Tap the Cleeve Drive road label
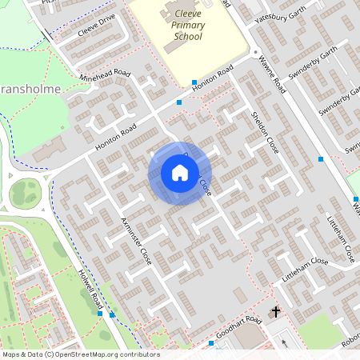97,27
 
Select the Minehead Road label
104,82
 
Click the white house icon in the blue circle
179,173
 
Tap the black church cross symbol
276,311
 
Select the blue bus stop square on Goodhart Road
210,343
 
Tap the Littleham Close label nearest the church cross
305,268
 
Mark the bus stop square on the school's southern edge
194,82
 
